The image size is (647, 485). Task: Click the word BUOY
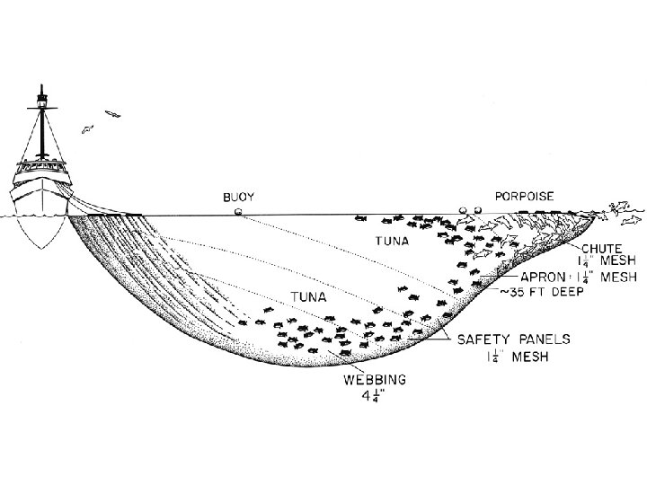(237, 196)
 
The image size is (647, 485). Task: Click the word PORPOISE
(524, 196)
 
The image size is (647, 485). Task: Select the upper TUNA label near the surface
(390, 241)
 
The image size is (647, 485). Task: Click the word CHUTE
(601, 249)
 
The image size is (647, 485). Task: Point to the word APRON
(543, 278)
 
